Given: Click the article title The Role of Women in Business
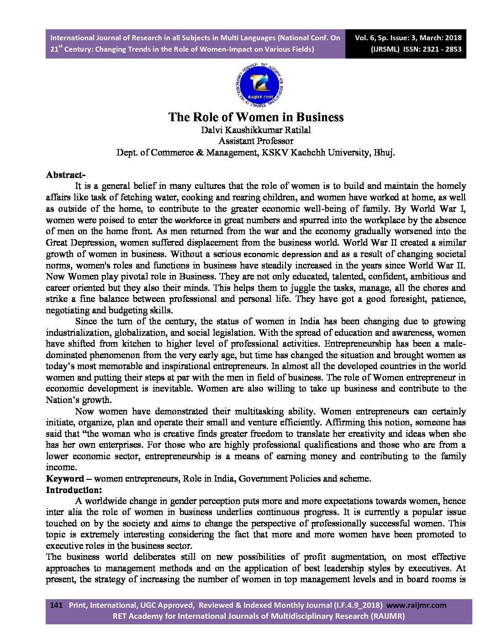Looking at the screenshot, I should click(x=256, y=117).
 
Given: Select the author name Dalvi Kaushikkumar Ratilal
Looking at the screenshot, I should click(x=256, y=130).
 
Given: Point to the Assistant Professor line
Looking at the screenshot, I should click(x=256, y=141).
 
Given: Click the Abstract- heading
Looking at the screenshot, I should click(x=65, y=175).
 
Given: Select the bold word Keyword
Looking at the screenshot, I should click(x=65, y=479).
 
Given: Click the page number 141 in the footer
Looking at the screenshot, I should click(x=55, y=605).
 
